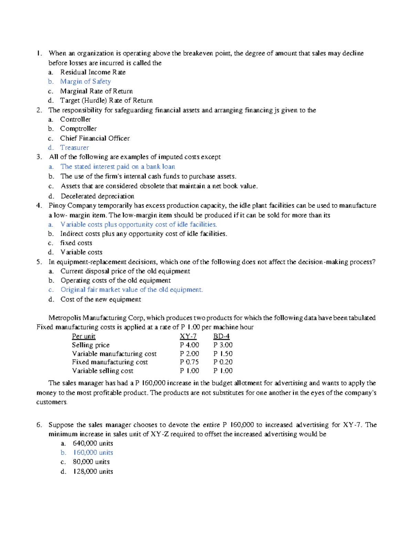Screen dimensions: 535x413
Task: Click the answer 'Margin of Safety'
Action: tap(85, 82)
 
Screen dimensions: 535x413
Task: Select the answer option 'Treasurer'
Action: tap(74, 148)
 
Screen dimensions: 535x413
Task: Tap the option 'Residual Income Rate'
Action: tap(93, 72)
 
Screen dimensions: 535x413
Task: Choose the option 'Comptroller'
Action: tap(78, 129)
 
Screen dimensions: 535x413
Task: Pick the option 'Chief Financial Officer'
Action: tap(95, 138)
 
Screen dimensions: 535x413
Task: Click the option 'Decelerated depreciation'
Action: tap(97, 196)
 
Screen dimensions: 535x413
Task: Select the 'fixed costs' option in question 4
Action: tap(76, 243)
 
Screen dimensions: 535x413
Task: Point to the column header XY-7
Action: tap(188, 337)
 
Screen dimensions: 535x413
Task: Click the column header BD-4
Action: tap(221, 337)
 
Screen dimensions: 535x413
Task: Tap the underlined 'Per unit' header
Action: tap(84, 337)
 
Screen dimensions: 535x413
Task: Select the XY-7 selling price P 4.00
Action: tap(189, 345)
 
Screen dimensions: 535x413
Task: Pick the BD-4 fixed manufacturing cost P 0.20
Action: tap(223, 362)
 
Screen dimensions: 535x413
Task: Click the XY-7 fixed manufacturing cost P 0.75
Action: tap(189, 362)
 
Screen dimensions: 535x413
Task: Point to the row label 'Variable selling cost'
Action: tap(103, 371)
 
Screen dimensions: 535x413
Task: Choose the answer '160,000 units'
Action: tap(93, 453)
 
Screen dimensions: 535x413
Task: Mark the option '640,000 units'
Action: tap(93, 443)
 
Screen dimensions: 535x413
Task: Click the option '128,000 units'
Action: tap(93, 472)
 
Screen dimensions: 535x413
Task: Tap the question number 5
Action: tap(39, 262)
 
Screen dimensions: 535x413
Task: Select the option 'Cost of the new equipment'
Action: tap(100, 299)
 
